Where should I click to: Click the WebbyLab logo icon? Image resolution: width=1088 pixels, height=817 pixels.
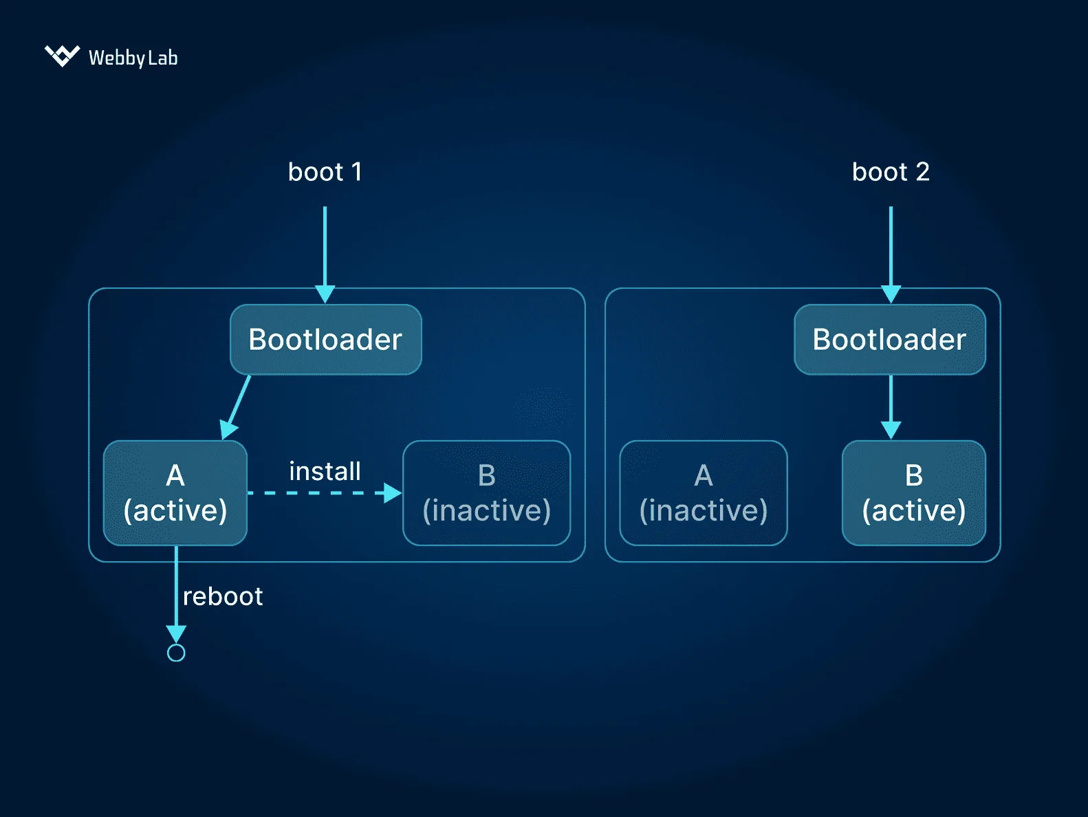pos(62,56)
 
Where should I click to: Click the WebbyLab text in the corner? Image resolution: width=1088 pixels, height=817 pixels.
pos(133,58)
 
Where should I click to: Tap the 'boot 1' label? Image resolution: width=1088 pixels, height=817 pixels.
pos(325,172)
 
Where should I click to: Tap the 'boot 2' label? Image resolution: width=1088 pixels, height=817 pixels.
pos(891,172)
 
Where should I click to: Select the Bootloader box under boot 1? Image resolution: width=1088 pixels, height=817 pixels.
pos(325,340)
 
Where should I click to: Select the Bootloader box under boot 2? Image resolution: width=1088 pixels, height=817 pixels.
pos(889,340)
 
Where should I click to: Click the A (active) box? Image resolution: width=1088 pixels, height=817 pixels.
pos(175,493)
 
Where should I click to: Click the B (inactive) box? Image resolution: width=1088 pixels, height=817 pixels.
pos(486,493)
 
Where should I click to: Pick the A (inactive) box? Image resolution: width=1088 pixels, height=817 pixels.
pos(703,493)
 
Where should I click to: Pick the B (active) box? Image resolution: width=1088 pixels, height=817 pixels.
pos(913,493)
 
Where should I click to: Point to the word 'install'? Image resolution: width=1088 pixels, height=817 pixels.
pos(325,472)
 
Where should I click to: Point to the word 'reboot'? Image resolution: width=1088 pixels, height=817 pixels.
pos(223,596)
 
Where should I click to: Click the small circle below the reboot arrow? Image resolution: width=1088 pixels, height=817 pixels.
pos(176,653)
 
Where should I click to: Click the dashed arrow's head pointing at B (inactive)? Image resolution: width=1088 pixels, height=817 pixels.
pos(393,493)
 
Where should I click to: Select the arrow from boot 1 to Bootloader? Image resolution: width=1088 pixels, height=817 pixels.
pos(325,248)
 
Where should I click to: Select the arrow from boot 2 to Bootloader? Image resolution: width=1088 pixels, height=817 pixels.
pos(891,248)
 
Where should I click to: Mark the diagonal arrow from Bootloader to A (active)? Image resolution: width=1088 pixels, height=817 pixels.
pos(237,406)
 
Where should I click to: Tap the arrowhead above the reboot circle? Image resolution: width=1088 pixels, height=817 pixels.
pos(176,633)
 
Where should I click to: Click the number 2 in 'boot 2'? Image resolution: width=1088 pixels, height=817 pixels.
pos(922,172)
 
